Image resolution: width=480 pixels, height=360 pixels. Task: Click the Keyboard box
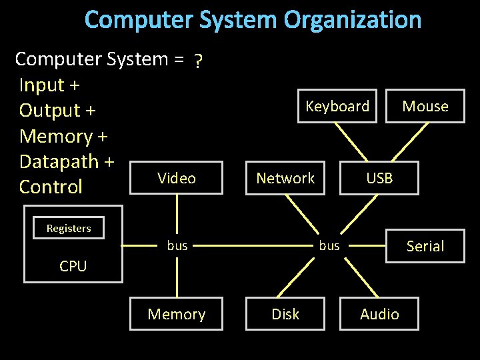tap(337, 106)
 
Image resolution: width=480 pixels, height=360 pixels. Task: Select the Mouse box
tap(425, 106)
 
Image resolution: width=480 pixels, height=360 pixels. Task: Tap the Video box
tap(177, 178)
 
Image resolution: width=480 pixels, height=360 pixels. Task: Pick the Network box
tap(285, 178)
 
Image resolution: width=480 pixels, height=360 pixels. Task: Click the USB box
tap(379, 178)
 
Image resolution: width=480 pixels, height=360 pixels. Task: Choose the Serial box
tap(425, 246)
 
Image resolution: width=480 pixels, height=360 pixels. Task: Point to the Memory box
tap(177, 314)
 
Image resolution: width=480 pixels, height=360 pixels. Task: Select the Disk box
tap(285, 314)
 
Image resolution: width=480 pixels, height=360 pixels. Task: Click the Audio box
tap(379, 314)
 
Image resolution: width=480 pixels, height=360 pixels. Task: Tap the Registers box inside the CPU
tap(69, 228)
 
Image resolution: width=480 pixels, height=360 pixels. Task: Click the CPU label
tap(73, 266)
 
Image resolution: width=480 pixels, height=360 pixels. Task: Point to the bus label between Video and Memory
tap(177, 245)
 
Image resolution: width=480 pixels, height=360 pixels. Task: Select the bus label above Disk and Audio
tap(329, 245)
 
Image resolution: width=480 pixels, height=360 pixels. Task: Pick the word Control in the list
tap(51, 187)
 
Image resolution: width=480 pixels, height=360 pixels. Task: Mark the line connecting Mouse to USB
tap(403, 141)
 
